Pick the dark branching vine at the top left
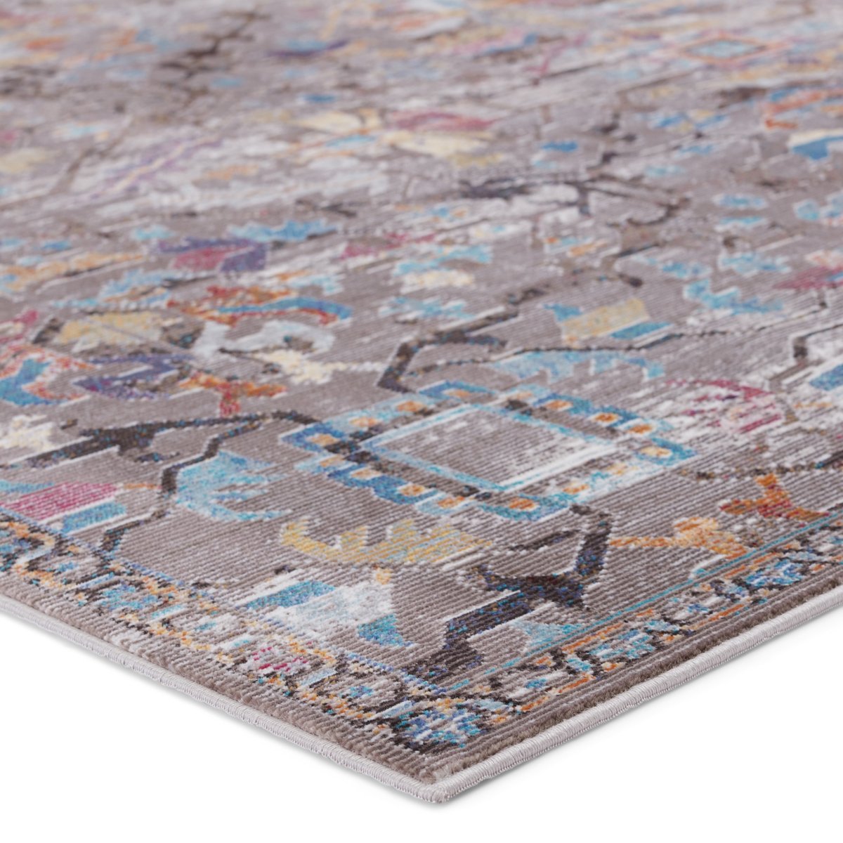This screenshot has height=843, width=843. coord(190,63)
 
